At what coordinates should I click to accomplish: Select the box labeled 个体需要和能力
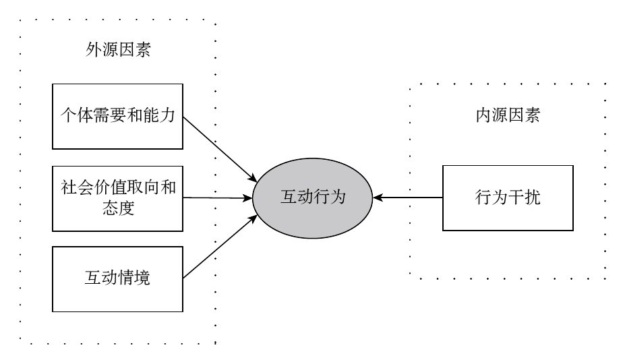click(x=117, y=116)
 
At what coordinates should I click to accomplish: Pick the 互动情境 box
click(x=117, y=278)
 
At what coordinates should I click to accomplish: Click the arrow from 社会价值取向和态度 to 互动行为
click(x=216, y=198)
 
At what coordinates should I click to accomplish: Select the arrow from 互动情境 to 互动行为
click(x=219, y=247)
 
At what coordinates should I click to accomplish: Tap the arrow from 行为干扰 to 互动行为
click(x=408, y=198)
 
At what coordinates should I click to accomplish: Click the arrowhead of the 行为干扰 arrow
click(x=377, y=198)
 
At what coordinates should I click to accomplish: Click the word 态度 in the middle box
click(x=117, y=208)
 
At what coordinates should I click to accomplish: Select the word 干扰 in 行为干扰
click(x=523, y=198)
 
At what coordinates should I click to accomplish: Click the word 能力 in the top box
click(x=160, y=116)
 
